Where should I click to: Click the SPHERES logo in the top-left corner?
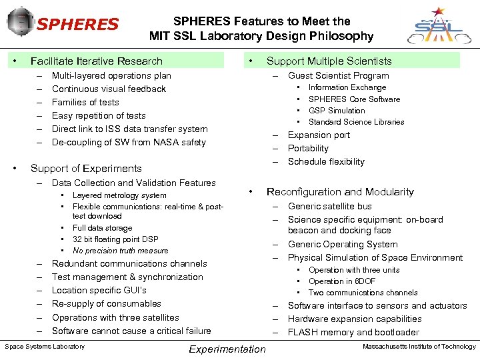point(63,25)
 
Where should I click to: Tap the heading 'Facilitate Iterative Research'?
point(97,61)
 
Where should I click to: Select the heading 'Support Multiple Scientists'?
point(329,61)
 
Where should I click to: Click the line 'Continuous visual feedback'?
point(109,89)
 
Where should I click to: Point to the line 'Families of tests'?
point(85,102)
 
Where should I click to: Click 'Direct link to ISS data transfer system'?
point(129,129)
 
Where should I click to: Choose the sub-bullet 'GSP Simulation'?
point(337,111)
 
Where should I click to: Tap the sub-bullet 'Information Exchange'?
point(347,87)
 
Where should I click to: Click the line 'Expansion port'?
point(319,135)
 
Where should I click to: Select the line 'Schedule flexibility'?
point(326,161)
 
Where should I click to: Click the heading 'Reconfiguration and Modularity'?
point(340,191)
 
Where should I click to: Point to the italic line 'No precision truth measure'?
point(120,251)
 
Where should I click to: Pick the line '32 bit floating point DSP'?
point(115,239)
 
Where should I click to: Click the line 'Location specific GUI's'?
point(99,290)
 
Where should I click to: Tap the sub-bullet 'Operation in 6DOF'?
point(342,281)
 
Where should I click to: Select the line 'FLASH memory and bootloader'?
point(353,332)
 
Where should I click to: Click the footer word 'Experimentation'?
point(227,349)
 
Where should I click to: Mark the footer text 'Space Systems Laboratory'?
point(45,346)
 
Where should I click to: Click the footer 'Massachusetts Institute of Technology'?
point(419,346)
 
